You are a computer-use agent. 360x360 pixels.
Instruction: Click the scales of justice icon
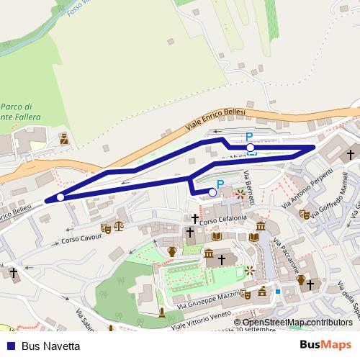pyautogui.click(x=119, y=227)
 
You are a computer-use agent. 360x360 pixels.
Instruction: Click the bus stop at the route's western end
pyautogui.click(x=60, y=197)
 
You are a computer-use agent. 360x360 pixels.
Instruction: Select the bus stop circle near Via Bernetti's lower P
pyautogui.click(x=212, y=192)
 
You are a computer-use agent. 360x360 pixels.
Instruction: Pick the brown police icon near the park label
pyautogui.click(x=64, y=138)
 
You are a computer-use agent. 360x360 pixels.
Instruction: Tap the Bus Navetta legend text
pyautogui.click(x=50, y=346)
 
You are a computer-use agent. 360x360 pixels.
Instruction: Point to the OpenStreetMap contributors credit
pyautogui.click(x=297, y=323)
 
